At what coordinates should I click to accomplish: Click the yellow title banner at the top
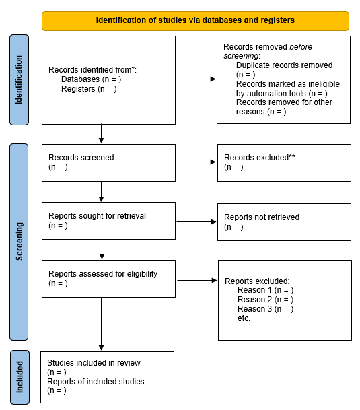(x=195, y=20)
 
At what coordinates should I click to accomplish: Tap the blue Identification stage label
(x=19, y=79)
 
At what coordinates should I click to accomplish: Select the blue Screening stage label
(x=19, y=242)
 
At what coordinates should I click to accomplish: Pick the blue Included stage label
(x=19, y=377)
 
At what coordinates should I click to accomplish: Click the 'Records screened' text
(x=81, y=158)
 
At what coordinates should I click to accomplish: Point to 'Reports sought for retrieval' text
(x=97, y=216)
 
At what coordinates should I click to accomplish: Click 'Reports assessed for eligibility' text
(x=102, y=275)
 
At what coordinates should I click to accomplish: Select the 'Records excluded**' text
(x=260, y=158)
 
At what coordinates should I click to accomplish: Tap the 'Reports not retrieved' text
(x=262, y=217)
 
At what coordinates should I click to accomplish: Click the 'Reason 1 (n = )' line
(x=265, y=290)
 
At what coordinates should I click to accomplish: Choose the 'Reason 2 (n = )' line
(x=265, y=300)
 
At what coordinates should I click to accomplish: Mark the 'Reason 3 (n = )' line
(x=265, y=309)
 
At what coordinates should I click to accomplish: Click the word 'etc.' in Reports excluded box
(x=244, y=318)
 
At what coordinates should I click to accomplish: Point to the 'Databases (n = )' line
(x=91, y=79)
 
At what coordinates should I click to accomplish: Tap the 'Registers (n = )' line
(x=89, y=89)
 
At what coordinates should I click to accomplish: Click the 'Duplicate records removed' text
(x=284, y=65)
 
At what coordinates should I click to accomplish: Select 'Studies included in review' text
(x=94, y=363)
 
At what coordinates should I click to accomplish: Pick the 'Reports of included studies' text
(x=96, y=382)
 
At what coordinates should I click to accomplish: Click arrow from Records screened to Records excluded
(x=196, y=162)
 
